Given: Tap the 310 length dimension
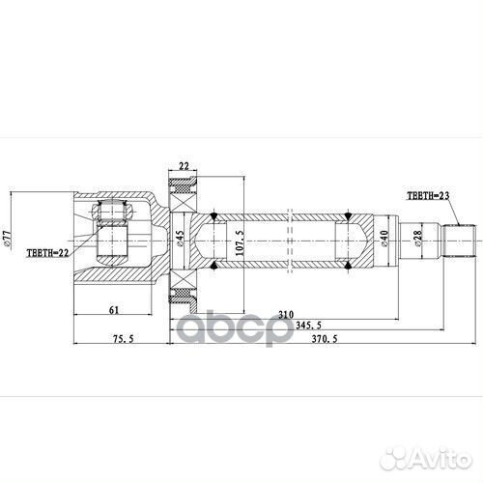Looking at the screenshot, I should [x=283, y=315].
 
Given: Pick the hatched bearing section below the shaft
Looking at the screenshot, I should [x=183, y=293].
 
